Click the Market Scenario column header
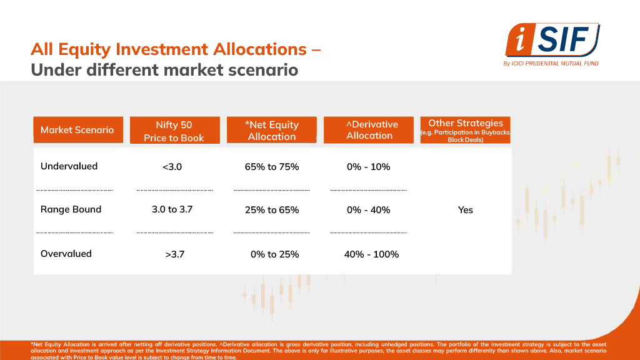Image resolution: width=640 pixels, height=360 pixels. (77, 130)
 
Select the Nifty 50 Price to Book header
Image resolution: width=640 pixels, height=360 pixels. (174, 131)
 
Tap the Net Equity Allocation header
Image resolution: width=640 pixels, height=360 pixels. (272, 131)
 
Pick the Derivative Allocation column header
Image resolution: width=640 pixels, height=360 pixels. (369, 130)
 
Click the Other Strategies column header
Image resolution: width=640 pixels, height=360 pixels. (466, 130)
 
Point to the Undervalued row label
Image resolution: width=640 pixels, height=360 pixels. (69, 166)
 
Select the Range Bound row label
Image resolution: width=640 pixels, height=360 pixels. (71, 209)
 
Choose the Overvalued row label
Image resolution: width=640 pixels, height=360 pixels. (66, 254)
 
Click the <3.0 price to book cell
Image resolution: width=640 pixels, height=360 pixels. (172, 167)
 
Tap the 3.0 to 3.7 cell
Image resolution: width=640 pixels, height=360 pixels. (172, 209)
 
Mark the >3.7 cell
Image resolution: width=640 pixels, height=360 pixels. (174, 254)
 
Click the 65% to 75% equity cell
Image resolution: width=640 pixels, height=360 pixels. (272, 167)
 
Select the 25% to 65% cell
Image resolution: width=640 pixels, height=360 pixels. (272, 210)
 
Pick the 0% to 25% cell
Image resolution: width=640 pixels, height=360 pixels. (274, 254)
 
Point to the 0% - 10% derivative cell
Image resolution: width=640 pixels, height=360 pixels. (369, 167)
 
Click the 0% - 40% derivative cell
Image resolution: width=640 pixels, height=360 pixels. (369, 210)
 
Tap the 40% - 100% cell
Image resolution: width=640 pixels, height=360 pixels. (371, 254)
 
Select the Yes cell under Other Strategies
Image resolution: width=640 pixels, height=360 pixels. (466, 210)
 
